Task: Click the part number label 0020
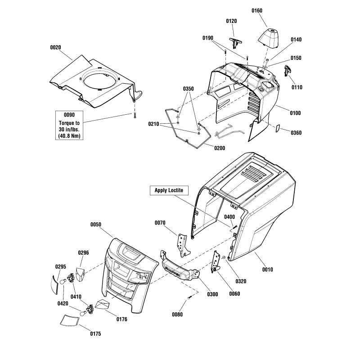tap(55, 48)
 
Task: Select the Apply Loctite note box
tap(169, 190)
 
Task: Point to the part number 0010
tap(267, 269)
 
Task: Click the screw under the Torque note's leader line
tap(135, 116)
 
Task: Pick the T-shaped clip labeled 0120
tap(235, 43)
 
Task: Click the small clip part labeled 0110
tap(287, 70)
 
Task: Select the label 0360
tap(296, 133)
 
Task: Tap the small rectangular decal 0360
tap(277, 128)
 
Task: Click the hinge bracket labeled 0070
tap(183, 246)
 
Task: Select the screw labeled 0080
tap(189, 298)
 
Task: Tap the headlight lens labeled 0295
tap(54, 285)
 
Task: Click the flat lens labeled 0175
tap(70, 321)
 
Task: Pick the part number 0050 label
tap(95, 224)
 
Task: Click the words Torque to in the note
tap(69, 123)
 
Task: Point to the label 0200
tap(220, 148)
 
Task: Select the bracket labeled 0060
tap(216, 262)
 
